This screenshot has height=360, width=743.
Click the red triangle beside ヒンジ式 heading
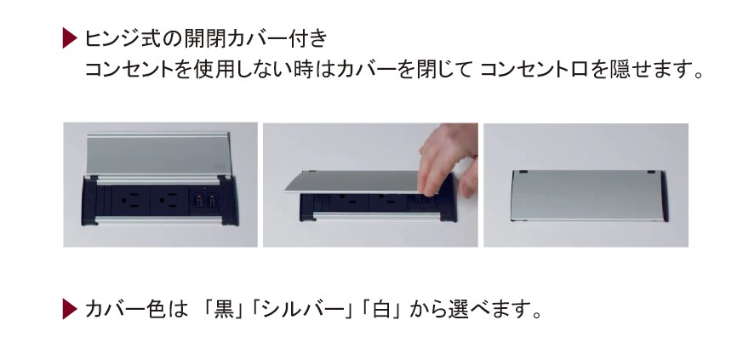click(x=69, y=38)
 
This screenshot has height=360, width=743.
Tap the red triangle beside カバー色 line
click(x=69, y=309)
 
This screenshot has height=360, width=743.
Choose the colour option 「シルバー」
click(x=302, y=309)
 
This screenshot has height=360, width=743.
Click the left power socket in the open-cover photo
click(x=131, y=200)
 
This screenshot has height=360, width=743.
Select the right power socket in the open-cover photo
click(x=169, y=200)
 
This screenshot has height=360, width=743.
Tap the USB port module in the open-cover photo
click(x=206, y=201)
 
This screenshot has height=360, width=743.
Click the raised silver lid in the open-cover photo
click(x=158, y=155)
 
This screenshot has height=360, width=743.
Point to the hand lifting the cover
click(x=448, y=158)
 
